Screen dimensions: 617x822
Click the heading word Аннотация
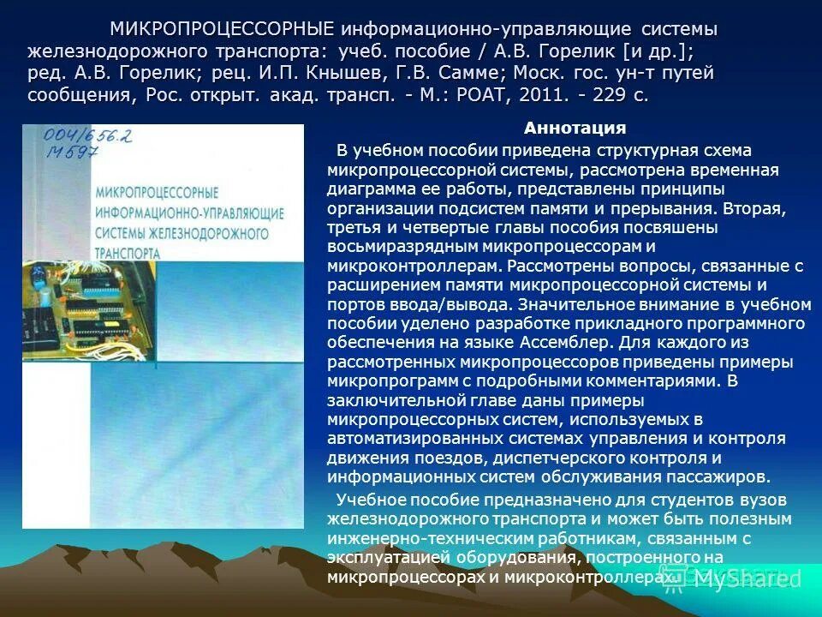click(x=575, y=129)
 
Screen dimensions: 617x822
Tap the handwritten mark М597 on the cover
click(x=71, y=153)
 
